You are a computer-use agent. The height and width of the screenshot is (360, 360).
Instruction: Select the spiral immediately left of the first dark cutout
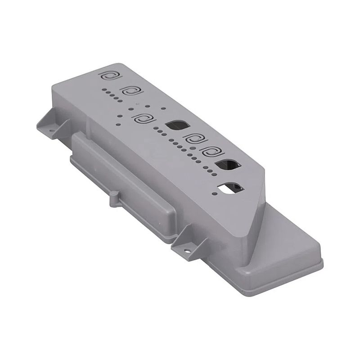point(143,120)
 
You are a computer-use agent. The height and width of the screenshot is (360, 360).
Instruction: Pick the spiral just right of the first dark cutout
point(195,139)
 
